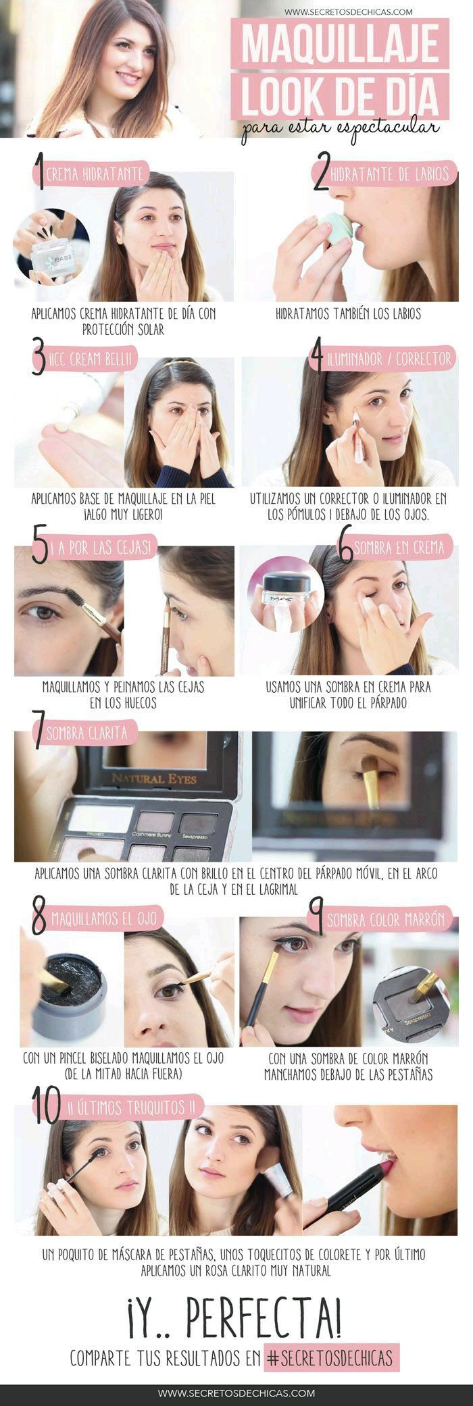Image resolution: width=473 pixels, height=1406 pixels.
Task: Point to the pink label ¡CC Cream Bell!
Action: pos(86,359)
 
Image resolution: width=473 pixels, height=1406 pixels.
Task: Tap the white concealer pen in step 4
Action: pos(357,439)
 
